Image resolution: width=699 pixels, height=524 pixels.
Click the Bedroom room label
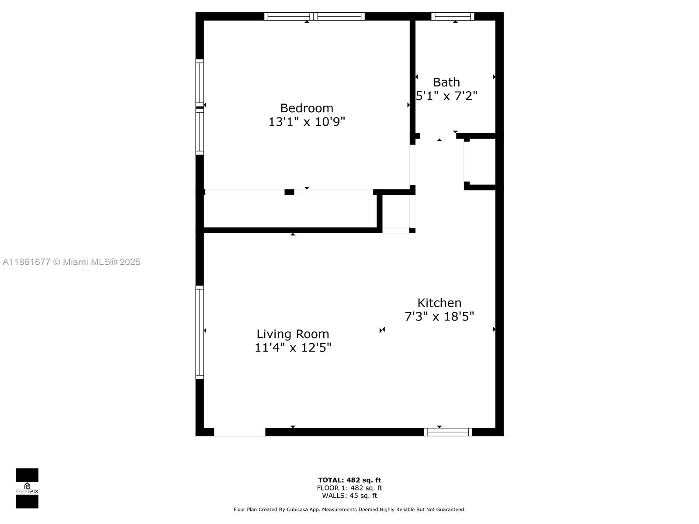click(306, 108)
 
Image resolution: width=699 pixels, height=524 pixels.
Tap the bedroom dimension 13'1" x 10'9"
click(306, 122)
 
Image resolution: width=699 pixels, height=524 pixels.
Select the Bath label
click(446, 83)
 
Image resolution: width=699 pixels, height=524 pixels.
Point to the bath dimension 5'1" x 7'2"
click(446, 96)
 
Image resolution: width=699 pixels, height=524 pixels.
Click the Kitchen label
click(439, 303)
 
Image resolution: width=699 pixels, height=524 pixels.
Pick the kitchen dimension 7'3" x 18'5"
click(439, 316)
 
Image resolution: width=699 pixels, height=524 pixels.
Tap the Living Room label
click(293, 334)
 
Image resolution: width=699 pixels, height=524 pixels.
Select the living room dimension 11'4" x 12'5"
click(293, 348)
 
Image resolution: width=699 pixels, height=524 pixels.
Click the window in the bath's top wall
click(453, 16)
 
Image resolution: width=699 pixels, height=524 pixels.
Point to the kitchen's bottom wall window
click(448, 432)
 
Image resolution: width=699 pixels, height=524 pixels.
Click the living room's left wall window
click(200, 332)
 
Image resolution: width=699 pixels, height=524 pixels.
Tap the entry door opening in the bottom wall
click(239, 432)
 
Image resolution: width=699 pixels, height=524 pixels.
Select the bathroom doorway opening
click(438, 136)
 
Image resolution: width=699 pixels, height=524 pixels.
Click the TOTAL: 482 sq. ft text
click(349, 480)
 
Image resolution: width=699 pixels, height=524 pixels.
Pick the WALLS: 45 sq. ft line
click(349, 495)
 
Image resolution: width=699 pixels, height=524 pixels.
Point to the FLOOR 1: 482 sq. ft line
click(349, 488)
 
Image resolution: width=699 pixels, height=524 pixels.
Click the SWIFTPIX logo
click(27, 488)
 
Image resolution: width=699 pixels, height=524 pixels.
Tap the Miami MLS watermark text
click(71, 262)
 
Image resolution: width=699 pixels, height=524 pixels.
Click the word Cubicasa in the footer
click(297, 509)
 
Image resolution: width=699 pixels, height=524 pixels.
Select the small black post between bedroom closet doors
click(289, 192)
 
